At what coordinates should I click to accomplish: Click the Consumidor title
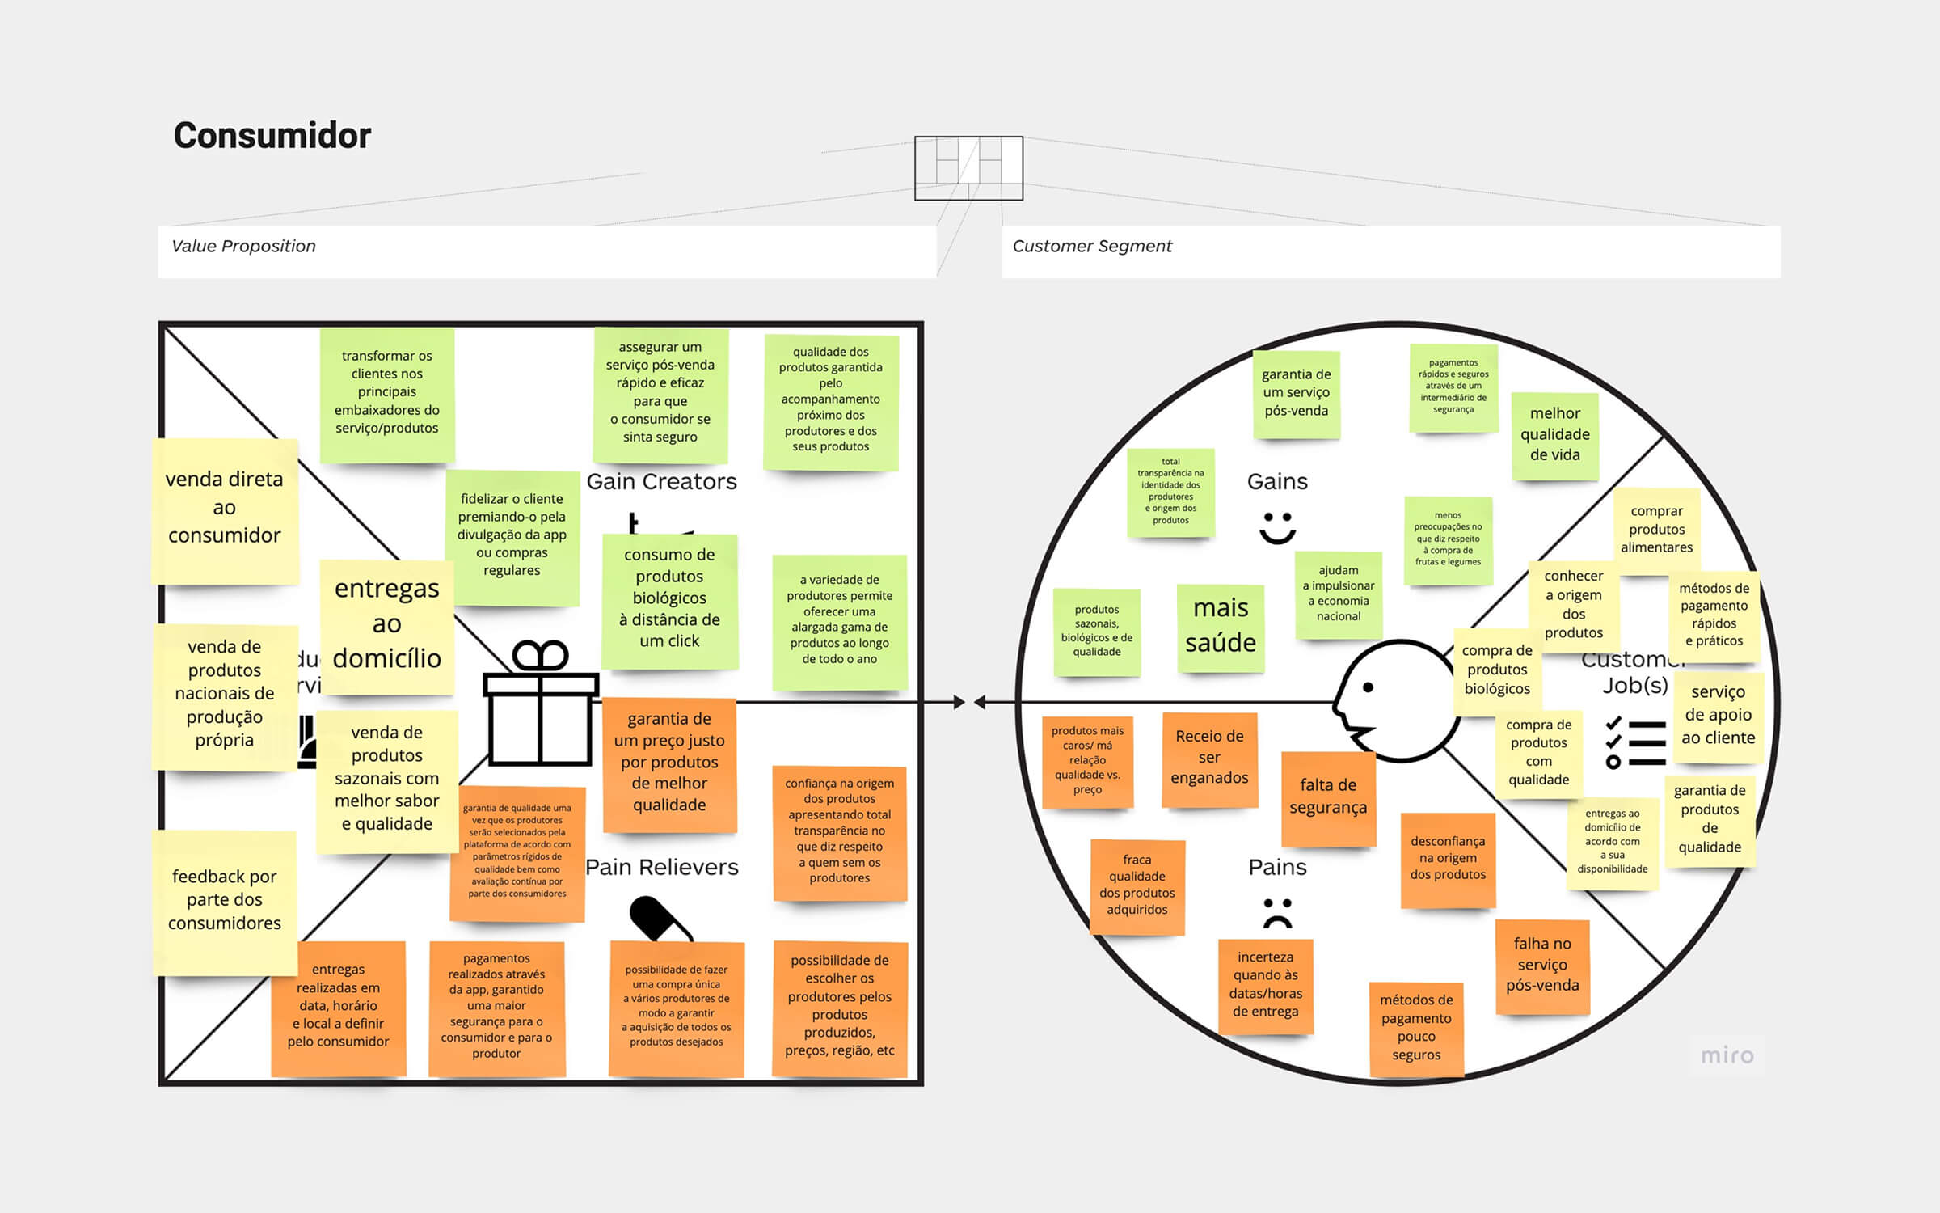click(x=272, y=135)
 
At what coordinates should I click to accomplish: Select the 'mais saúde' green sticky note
click(x=1221, y=626)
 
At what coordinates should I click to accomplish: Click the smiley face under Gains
click(x=1277, y=527)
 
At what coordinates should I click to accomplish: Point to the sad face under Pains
click(x=1277, y=913)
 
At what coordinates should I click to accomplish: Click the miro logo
click(x=1727, y=1055)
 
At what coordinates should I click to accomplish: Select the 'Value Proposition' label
click(x=243, y=246)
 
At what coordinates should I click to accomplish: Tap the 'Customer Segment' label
click(x=1092, y=246)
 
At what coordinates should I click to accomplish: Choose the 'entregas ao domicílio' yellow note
click(x=386, y=624)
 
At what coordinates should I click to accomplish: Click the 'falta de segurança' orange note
click(x=1328, y=797)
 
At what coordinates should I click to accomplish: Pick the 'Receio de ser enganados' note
click(x=1209, y=758)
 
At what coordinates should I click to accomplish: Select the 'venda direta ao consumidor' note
click(x=225, y=508)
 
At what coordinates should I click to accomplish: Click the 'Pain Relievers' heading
click(x=662, y=867)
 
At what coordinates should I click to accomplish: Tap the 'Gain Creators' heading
click(x=662, y=481)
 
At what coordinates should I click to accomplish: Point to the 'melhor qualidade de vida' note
click(x=1554, y=434)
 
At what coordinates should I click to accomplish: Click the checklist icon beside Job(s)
click(x=1634, y=742)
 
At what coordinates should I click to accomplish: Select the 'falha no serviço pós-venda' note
click(x=1542, y=965)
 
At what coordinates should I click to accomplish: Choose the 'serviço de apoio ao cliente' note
click(x=1718, y=715)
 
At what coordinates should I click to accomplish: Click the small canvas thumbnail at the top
click(x=968, y=167)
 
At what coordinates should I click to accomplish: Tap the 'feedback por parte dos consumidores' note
click(x=225, y=900)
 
